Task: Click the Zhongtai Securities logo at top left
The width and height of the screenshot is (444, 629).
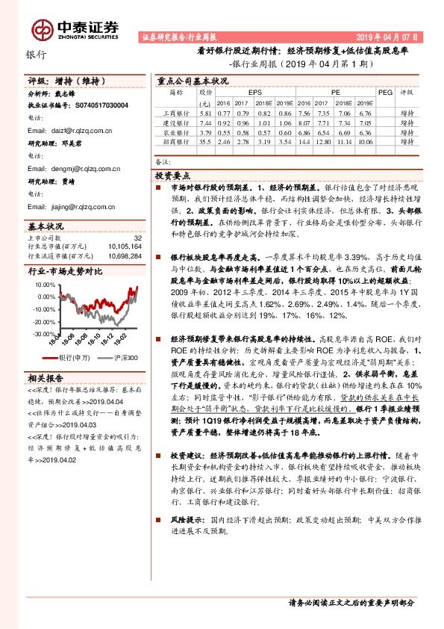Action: point(75,28)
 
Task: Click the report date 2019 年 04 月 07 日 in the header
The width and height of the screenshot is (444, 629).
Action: point(387,37)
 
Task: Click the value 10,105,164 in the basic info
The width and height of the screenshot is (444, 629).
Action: point(125,244)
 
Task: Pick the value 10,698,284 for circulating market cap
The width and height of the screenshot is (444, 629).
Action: point(125,255)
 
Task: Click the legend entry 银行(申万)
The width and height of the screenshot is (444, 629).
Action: point(72,358)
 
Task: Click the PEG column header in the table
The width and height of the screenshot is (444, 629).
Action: point(385,93)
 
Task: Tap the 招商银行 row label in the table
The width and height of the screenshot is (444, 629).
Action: point(176,140)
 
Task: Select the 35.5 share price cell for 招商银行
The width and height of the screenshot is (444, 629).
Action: point(205,140)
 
